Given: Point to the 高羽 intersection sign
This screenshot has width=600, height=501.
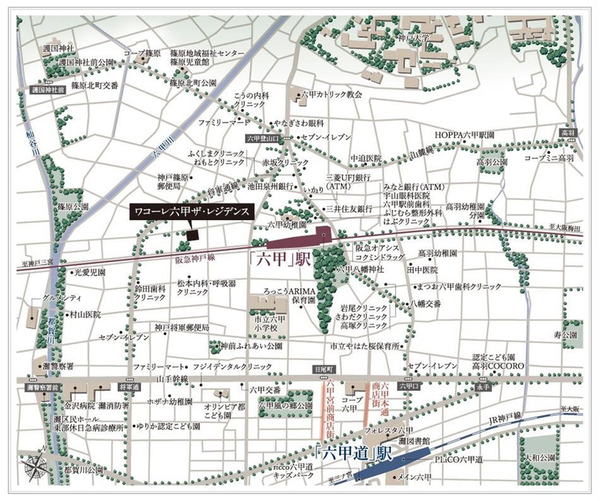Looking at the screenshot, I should coord(566,134).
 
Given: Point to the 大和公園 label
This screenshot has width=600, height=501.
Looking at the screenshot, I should coord(540,457).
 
